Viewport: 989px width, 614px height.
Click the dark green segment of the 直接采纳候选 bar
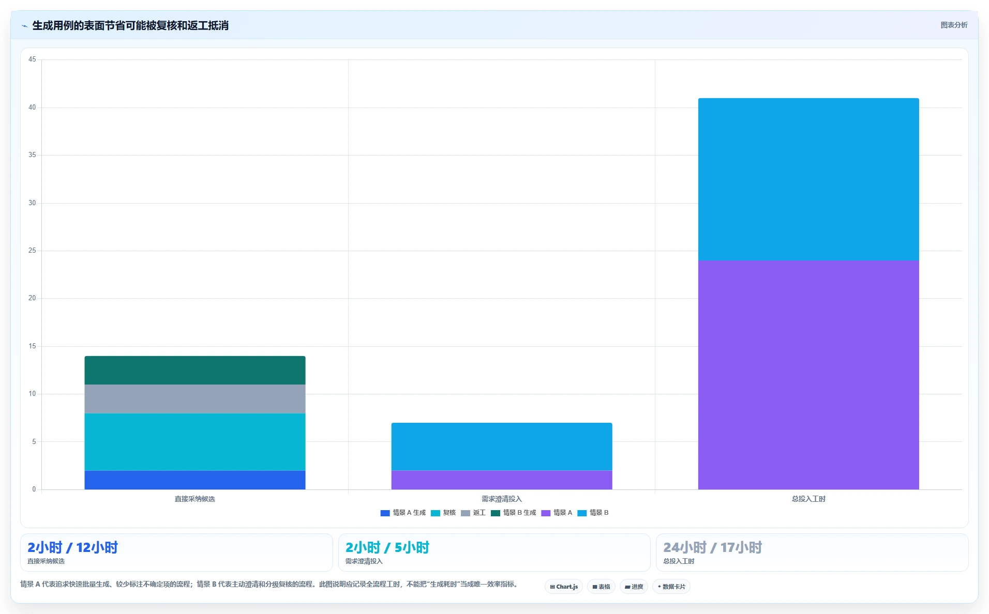point(195,370)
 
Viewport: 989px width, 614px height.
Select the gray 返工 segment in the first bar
point(195,399)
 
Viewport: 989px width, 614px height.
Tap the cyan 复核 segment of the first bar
point(195,442)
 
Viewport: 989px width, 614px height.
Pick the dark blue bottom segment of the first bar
point(195,480)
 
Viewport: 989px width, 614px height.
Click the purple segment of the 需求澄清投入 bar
point(502,480)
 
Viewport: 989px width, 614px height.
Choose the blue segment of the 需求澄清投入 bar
point(502,447)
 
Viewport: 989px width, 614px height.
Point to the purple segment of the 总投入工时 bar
point(808,375)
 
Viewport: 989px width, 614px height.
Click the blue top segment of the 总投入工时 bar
point(808,179)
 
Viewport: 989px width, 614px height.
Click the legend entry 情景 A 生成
point(403,513)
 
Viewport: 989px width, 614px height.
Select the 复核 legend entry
point(443,513)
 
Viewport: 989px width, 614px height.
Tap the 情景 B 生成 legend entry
point(514,513)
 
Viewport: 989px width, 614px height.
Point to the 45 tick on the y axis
point(32,59)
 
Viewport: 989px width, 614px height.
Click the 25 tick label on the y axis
point(32,251)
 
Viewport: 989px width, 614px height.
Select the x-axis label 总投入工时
point(808,499)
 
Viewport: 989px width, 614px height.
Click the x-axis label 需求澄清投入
point(502,499)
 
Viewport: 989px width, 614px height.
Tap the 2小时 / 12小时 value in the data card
point(72,547)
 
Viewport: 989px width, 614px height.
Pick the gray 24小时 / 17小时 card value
point(713,547)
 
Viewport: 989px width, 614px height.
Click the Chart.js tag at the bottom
point(564,587)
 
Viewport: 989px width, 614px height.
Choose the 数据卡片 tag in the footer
point(671,587)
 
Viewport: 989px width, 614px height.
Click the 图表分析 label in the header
point(954,25)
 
